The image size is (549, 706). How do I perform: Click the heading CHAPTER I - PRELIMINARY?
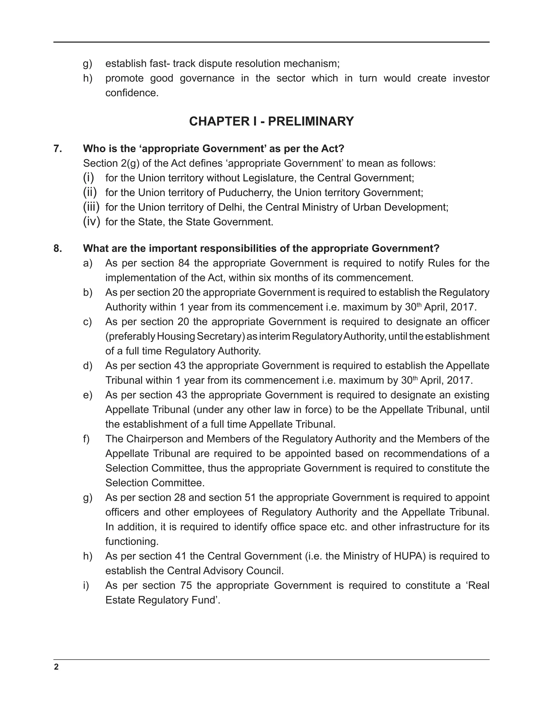pyautogui.click(x=271, y=121)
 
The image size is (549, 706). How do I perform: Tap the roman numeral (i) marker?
pyautogui.click(x=88, y=178)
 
